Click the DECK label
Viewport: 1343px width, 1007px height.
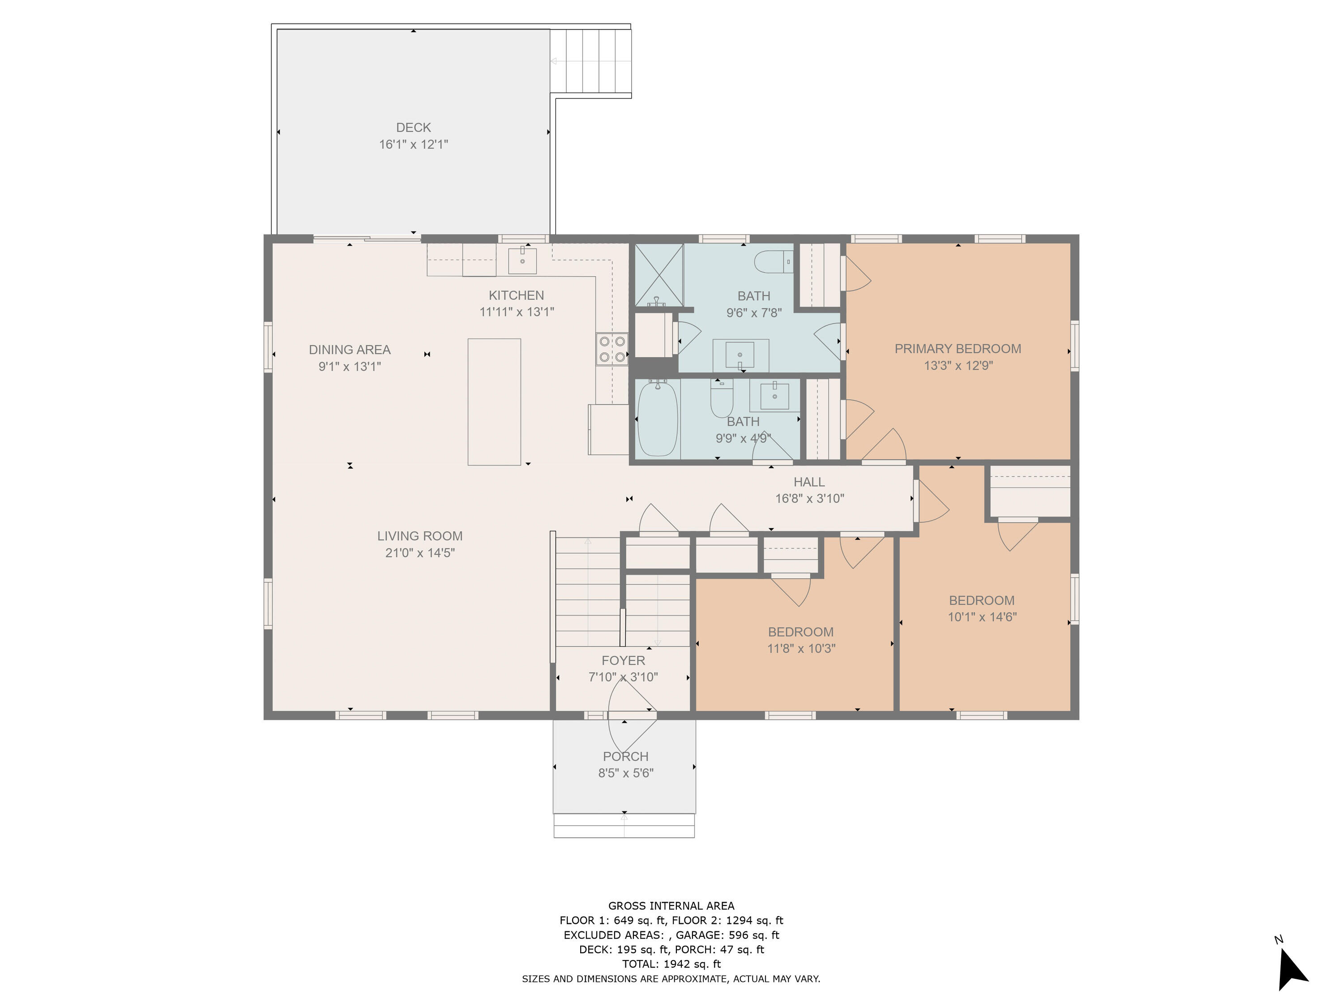pyautogui.click(x=414, y=128)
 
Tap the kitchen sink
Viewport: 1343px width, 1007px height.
pyautogui.click(x=522, y=260)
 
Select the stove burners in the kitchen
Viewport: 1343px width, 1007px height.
pyautogui.click(x=612, y=349)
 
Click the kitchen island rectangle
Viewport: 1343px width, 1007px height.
pyautogui.click(x=494, y=402)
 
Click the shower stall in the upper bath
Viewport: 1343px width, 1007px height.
pyautogui.click(x=659, y=275)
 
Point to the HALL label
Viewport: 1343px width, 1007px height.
pyautogui.click(x=809, y=482)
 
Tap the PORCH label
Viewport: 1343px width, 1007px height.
pyautogui.click(x=626, y=756)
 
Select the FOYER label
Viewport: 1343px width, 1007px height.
pyautogui.click(x=624, y=661)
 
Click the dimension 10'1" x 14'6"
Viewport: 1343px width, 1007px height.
pyautogui.click(x=982, y=617)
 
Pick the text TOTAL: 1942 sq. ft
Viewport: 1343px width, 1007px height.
pyautogui.click(x=671, y=964)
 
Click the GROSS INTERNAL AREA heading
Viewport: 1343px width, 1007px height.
pyautogui.click(x=671, y=906)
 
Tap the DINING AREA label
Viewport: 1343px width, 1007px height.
pyautogui.click(x=350, y=350)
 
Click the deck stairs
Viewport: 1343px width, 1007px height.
pyautogui.click(x=591, y=61)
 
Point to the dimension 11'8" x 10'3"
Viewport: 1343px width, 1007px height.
pyautogui.click(x=801, y=648)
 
